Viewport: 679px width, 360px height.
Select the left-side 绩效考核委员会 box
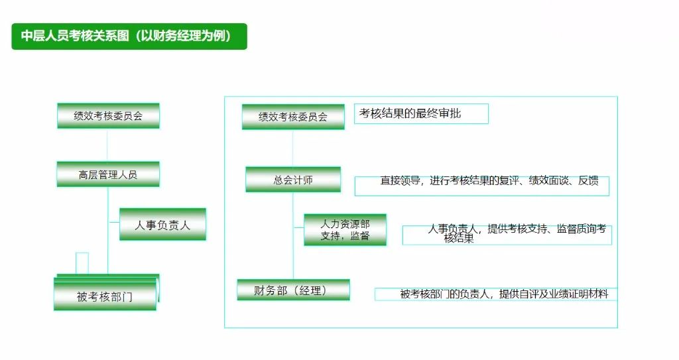click(x=108, y=115)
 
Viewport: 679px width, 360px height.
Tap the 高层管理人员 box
click(x=108, y=174)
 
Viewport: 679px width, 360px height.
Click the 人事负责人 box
click(x=162, y=225)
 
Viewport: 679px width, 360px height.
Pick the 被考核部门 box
click(x=105, y=296)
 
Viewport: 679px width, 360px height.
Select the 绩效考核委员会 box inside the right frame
click(x=293, y=117)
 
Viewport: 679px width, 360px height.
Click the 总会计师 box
click(x=293, y=180)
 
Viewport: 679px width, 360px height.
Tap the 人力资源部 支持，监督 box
click(x=345, y=229)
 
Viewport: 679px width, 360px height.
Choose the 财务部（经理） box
click(x=293, y=290)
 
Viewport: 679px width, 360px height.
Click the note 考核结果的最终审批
click(x=421, y=113)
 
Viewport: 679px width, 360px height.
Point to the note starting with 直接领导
click(x=481, y=185)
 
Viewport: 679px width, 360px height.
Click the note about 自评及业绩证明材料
click(x=496, y=294)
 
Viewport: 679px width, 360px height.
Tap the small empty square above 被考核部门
click(x=82, y=263)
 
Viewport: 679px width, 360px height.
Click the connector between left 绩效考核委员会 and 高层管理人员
click(x=108, y=145)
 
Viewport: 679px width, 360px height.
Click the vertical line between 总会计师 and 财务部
click(x=293, y=259)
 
